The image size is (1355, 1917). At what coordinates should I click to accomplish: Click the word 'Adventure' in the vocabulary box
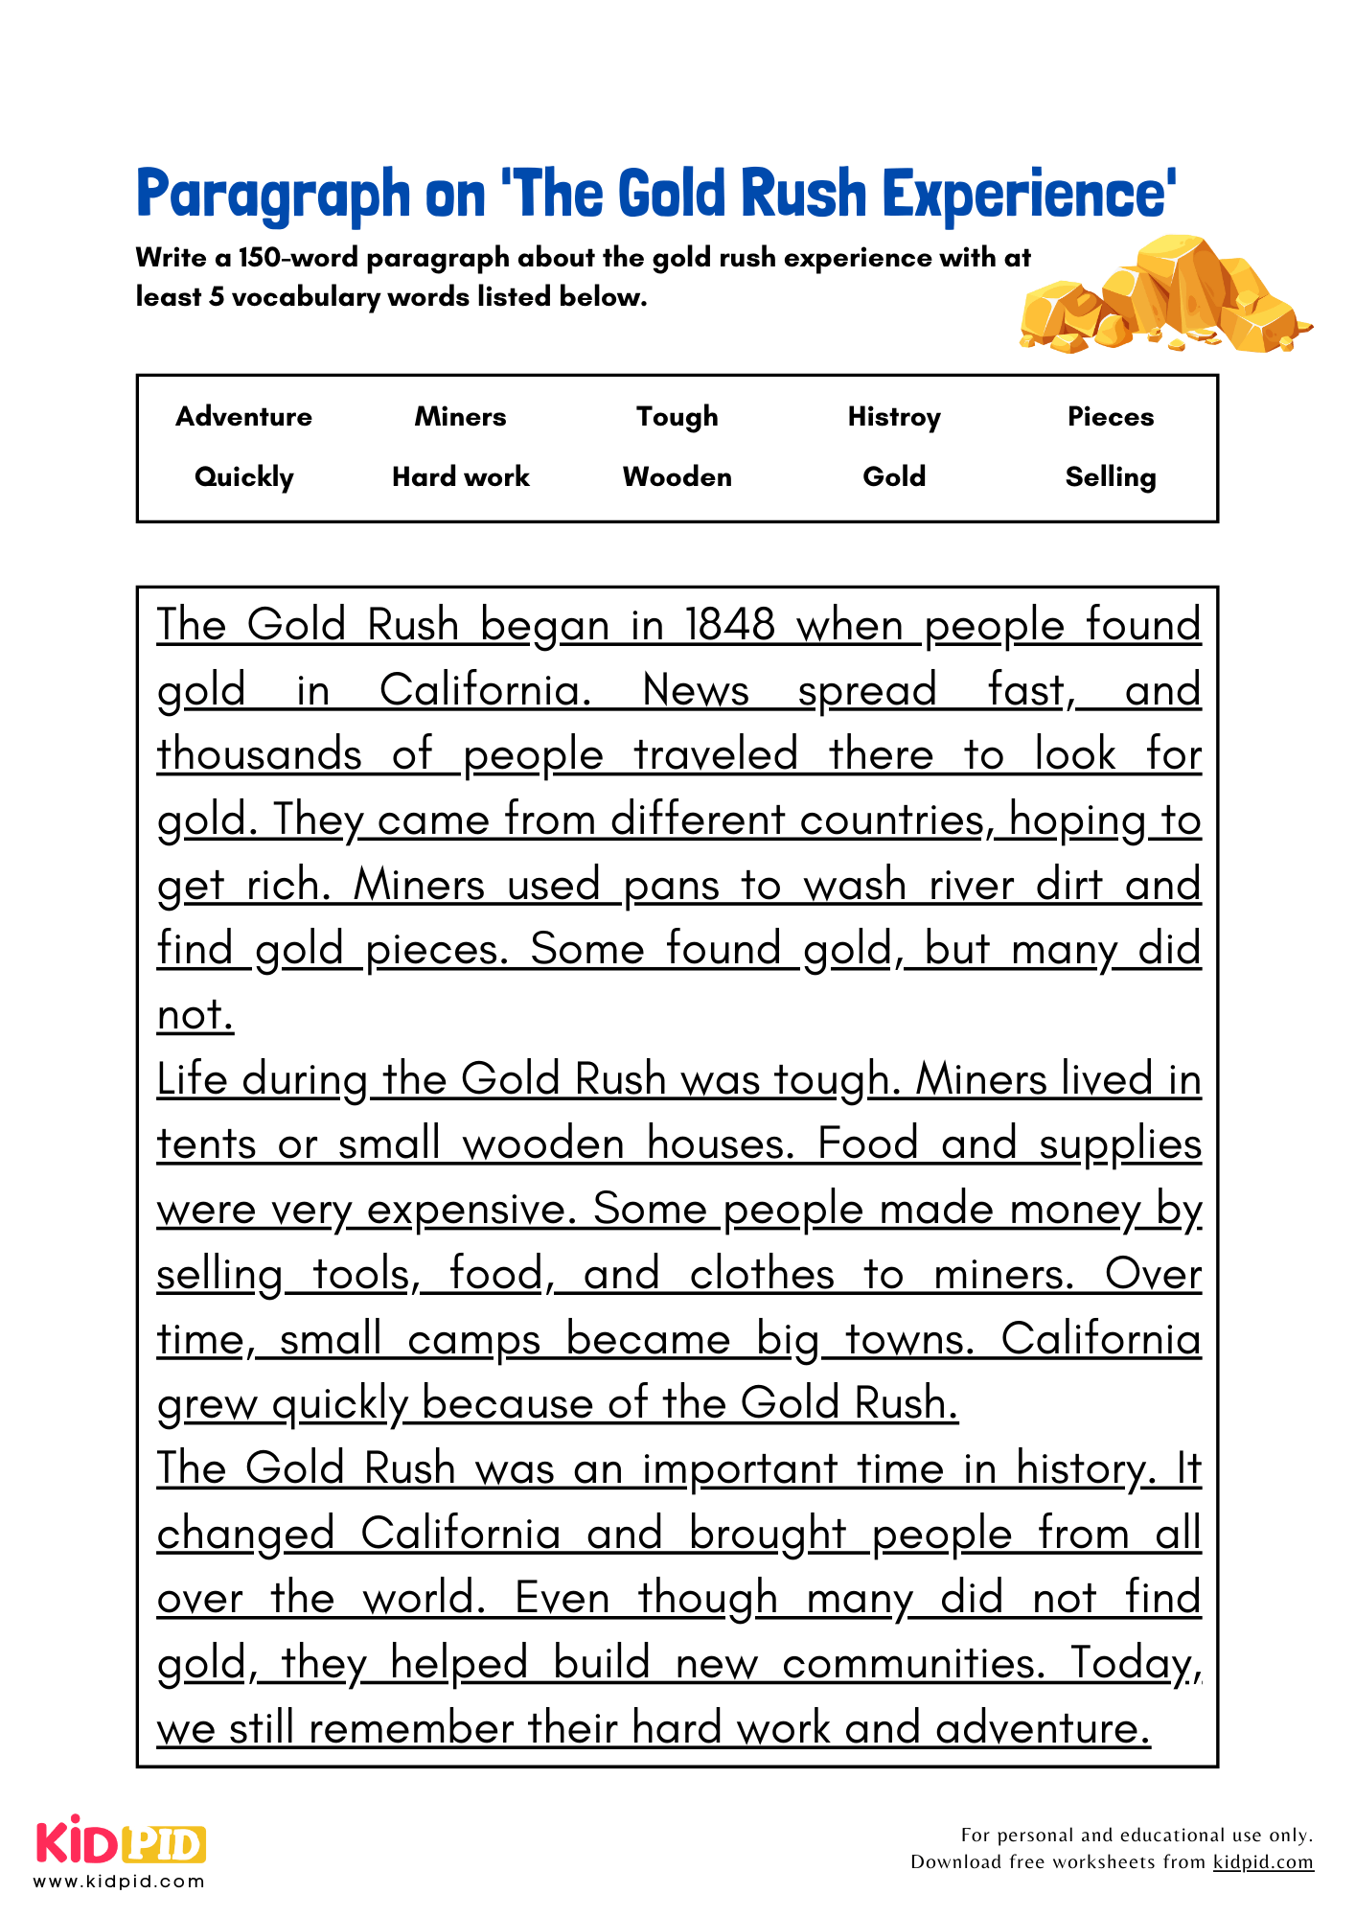[243, 417]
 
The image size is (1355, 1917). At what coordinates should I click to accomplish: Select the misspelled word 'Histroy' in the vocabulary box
[894, 417]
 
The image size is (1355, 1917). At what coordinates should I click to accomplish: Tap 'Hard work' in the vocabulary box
[461, 477]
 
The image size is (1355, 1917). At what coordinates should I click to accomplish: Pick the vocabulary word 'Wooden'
[677, 477]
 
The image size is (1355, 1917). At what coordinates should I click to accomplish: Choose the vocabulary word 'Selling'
[1111, 477]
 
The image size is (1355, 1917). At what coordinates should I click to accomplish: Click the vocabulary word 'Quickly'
[243, 477]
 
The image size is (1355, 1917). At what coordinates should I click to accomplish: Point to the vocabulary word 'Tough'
[677, 417]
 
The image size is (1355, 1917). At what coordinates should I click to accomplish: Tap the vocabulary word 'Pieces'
[1111, 417]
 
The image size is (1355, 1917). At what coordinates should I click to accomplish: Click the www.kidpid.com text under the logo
[120, 1882]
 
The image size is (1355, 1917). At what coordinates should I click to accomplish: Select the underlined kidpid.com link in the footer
[1263, 1862]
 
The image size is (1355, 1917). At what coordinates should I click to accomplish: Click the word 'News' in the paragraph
[696, 690]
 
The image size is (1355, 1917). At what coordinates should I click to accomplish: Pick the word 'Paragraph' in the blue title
[273, 195]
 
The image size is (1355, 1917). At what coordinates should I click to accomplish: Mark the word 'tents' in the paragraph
[206, 1145]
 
